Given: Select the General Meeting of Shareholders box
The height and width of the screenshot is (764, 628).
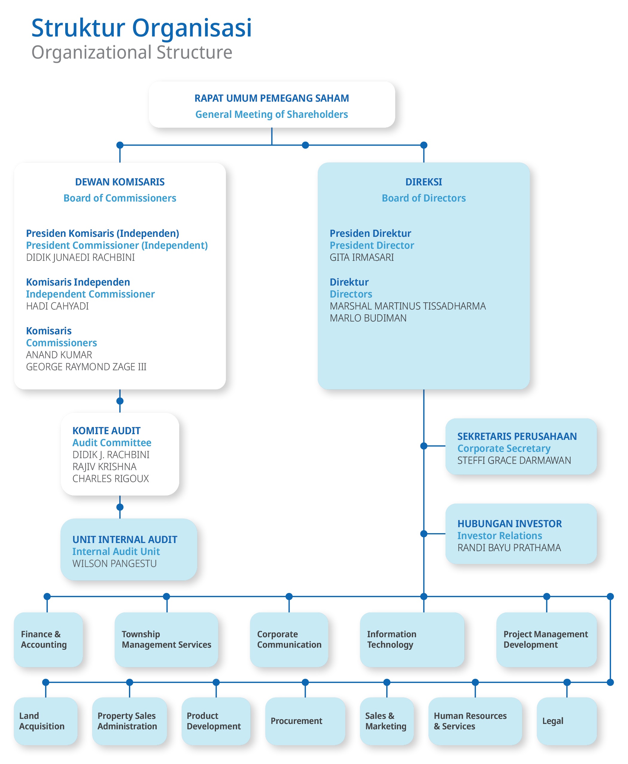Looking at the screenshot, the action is [x=272, y=104].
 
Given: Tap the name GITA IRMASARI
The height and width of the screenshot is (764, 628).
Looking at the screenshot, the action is [x=362, y=257].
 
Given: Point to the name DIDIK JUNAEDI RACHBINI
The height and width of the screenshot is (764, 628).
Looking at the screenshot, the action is [x=80, y=257].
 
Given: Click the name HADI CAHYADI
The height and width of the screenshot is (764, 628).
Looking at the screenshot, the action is [x=57, y=306].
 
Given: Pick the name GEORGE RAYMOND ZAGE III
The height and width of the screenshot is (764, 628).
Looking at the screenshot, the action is [x=86, y=367].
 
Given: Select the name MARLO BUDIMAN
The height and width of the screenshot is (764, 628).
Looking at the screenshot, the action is [x=368, y=318].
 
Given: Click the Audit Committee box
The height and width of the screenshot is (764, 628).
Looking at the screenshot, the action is [x=120, y=454].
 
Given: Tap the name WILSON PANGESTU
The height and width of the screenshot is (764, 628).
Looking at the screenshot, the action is [x=114, y=564].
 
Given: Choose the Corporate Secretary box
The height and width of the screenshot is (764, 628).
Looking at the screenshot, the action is [x=521, y=446].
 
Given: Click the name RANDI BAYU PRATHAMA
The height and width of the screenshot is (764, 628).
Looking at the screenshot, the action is [x=509, y=548].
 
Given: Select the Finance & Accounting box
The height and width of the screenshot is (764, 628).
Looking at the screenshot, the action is [x=48, y=640].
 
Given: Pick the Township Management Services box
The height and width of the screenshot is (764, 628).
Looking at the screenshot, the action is [x=166, y=640].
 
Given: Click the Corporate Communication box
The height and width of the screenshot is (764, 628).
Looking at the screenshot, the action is [x=289, y=640].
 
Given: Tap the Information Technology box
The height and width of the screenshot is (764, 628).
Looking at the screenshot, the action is [x=412, y=640].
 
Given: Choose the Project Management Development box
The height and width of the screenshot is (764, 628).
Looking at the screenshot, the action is [x=547, y=640].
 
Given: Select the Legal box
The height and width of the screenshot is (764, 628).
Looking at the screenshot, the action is [x=567, y=721].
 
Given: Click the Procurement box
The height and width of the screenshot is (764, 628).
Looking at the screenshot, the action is [x=305, y=721].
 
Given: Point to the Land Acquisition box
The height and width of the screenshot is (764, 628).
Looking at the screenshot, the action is [x=45, y=721].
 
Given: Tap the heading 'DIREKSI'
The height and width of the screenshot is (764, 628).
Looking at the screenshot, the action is [x=424, y=182].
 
